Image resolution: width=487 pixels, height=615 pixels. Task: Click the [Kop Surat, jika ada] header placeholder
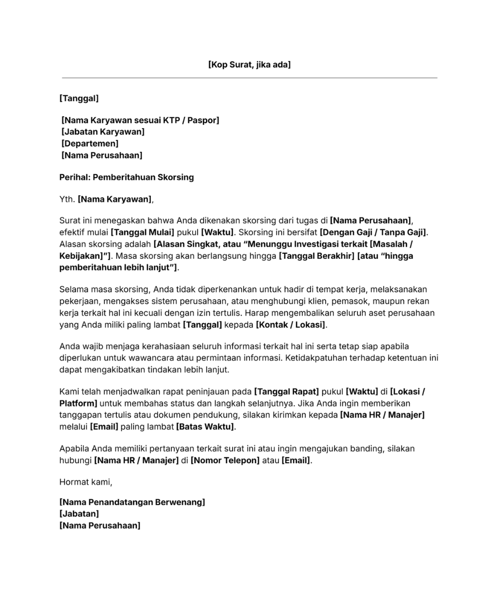pyautogui.click(x=249, y=65)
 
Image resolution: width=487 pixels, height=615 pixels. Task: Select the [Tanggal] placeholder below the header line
pyautogui.click(x=79, y=99)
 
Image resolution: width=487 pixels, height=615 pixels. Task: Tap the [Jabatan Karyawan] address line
pyautogui.click(x=103, y=132)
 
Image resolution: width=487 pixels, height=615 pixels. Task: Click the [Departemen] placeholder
pyautogui.click(x=90, y=144)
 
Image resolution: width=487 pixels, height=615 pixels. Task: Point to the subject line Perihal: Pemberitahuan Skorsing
pyautogui.click(x=126, y=177)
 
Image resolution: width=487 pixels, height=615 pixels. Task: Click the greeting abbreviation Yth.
pyautogui.click(x=67, y=200)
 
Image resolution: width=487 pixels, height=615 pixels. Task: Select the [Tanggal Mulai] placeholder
pyautogui.click(x=142, y=232)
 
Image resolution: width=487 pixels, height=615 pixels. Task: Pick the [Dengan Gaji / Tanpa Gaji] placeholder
pyautogui.click(x=373, y=232)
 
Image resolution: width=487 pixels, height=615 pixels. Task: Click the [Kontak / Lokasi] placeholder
pyautogui.click(x=291, y=325)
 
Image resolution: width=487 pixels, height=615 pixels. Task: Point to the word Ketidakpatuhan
pyautogui.click(x=313, y=358)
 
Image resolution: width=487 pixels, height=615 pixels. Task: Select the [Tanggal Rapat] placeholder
pyautogui.click(x=286, y=392)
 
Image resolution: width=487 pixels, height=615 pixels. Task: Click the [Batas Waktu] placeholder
pyautogui.click(x=206, y=427)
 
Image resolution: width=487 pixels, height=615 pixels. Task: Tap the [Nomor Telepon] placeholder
pyautogui.click(x=225, y=461)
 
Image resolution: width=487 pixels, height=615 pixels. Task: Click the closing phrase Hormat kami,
pyautogui.click(x=86, y=482)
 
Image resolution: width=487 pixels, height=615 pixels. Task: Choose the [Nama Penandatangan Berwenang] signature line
pyautogui.click(x=132, y=503)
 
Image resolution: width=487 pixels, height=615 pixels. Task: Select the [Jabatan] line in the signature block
pyautogui.click(x=79, y=514)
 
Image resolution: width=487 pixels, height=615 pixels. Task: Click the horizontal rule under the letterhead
pyautogui.click(x=249, y=78)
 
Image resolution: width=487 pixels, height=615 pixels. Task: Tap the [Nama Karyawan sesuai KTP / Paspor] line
pyautogui.click(x=140, y=121)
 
